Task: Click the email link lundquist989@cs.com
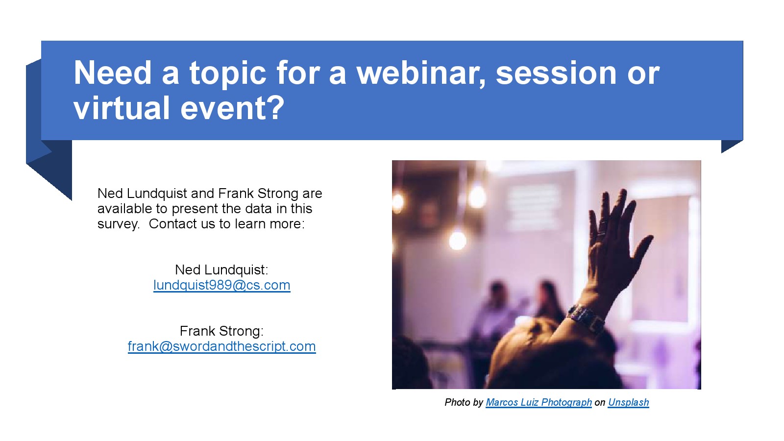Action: [x=222, y=285]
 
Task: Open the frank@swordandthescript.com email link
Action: [x=222, y=346]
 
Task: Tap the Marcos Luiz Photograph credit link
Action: [x=539, y=402]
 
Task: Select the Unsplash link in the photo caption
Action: [x=629, y=402]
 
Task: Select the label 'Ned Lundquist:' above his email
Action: [x=221, y=270]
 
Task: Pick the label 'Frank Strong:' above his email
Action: [x=221, y=331]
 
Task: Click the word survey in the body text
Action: [x=118, y=224]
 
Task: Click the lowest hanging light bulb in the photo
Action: [x=458, y=240]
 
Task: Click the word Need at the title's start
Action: [x=112, y=73]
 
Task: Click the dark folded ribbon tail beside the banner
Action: [x=49, y=140]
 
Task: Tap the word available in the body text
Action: [x=124, y=209]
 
